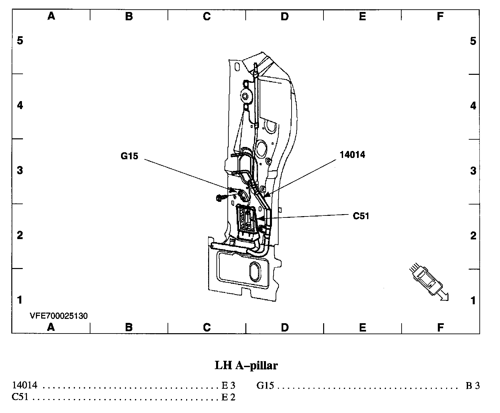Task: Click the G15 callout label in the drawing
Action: (129, 156)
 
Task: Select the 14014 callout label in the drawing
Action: (352, 155)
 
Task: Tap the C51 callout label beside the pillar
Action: (361, 216)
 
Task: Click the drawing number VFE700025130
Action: (59, 316)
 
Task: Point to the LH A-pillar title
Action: (246, 365)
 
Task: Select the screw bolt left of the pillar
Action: (220, 198)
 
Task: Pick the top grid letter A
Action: (51, 16)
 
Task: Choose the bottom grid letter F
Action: (440, 328)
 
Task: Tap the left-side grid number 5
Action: (20, 41)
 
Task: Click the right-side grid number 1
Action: (473, 301)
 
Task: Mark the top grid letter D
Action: (285, 16)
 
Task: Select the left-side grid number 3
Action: (20, 171)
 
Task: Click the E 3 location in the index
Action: (228, 386)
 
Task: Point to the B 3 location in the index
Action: (472, 386)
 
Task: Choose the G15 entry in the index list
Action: (265, 386)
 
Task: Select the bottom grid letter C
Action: (206, 328)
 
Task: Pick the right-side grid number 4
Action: (473, 106)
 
